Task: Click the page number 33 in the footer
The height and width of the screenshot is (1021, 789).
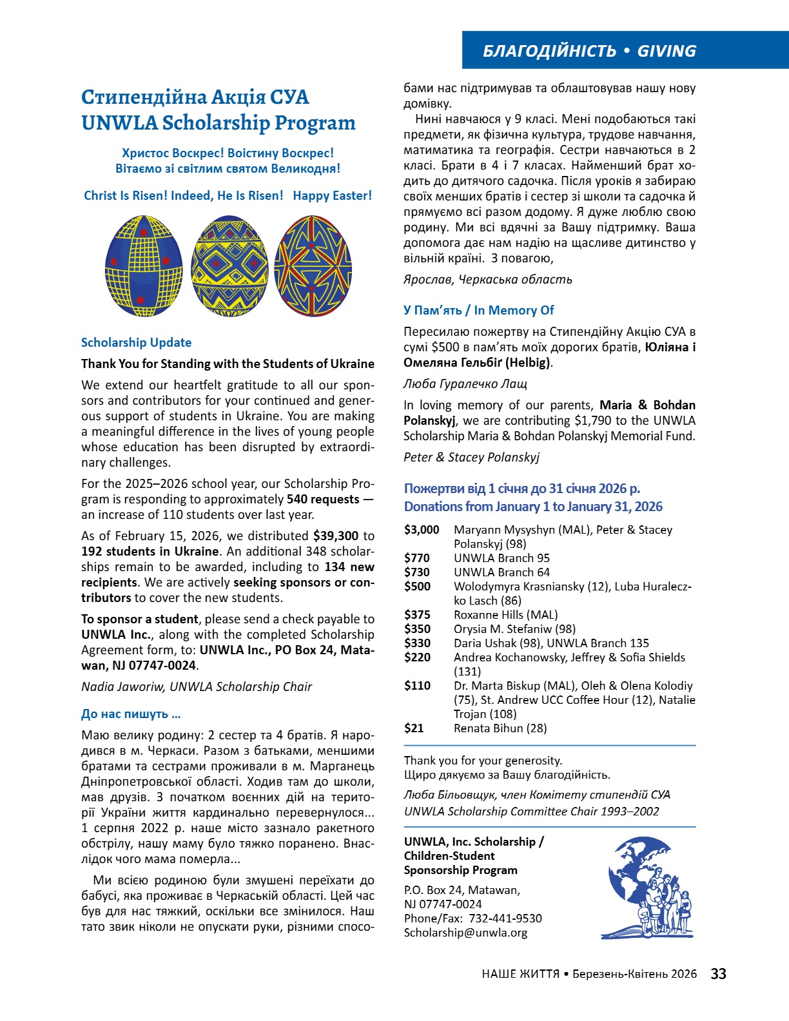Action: click(x=718, y=973)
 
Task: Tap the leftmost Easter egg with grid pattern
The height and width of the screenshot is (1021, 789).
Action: click(x=144, y=265)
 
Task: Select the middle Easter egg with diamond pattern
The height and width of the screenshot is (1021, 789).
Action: click(x=229, y=266)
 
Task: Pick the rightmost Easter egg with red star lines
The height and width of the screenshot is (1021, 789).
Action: click(x=313, y=266)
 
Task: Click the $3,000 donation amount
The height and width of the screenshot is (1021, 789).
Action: click(x=422, y=530)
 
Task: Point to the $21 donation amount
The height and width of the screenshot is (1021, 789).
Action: click(x=414, y=728)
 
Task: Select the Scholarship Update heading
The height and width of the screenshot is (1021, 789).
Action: click(x=136, y=343)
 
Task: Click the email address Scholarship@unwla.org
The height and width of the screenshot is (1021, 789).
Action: click(x=465, y=933)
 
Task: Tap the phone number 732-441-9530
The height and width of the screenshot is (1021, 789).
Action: click(x=505, y=919)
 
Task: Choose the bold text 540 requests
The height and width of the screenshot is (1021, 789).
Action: click(x=323, y=500)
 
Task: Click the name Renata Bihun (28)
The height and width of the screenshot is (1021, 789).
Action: click(x=500, y=728)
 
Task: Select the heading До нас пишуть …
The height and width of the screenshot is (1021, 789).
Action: click(x=131, y=714)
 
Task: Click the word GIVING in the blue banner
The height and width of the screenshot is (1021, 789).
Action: click(x=667, y=51)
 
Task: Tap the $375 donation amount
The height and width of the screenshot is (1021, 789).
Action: click(x=417, y=615)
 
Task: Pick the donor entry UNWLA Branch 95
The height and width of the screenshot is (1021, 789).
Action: click(x=502, y=558)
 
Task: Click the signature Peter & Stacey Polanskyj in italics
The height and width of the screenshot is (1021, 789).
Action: click(x=471, y=458)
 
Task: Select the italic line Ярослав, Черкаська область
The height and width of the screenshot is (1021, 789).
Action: click(x=488, y=280)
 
